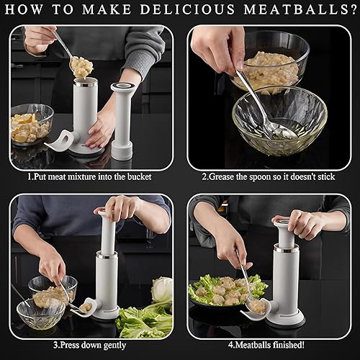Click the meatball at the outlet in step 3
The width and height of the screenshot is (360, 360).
click(85, 307)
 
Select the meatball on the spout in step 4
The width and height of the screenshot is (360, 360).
click(256, 306)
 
